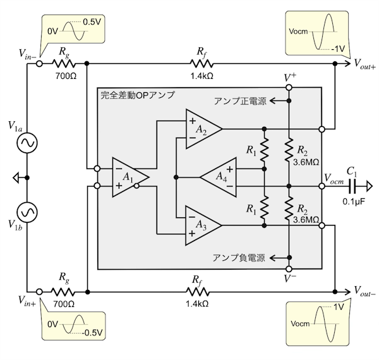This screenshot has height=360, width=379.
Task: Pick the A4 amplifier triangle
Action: point(218,177)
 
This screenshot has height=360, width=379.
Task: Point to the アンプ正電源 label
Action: point(242,101)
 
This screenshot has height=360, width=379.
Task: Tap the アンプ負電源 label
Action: point(242,258)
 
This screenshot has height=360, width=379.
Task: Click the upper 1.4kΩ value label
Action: point(201,75)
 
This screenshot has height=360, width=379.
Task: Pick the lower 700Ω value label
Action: point(62,304)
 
